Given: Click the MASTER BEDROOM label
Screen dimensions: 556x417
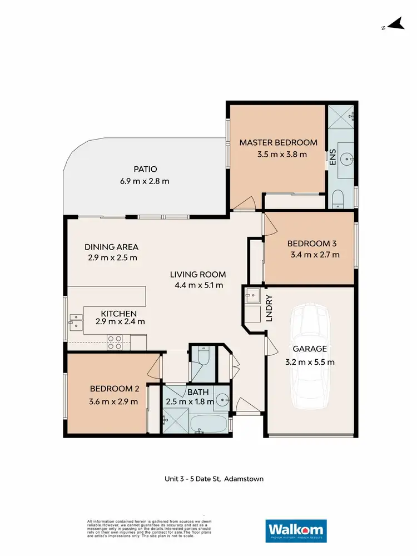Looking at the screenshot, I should (278, 142).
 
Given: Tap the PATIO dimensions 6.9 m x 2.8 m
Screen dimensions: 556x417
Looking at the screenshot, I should (145, 181).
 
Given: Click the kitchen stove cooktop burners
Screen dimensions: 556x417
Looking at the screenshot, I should (115, 342).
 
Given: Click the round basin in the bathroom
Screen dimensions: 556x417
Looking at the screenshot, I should (222, 399).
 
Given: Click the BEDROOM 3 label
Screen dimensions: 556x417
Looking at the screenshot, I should (311, 244).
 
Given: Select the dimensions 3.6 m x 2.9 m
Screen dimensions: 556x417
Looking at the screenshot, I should (115, 401).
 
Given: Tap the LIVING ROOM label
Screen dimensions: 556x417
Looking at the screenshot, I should (198, 274).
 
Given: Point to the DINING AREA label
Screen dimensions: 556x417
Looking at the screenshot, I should (111, 247).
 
